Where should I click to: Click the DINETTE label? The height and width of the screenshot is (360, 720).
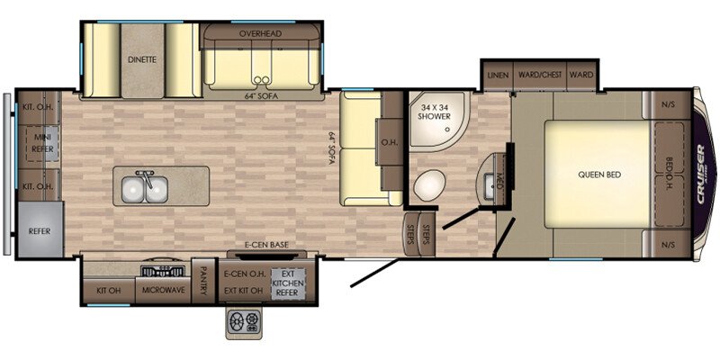[141, 59]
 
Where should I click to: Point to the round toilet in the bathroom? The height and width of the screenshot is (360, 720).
[427, 186]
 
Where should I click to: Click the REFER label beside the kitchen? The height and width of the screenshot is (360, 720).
[40, 229]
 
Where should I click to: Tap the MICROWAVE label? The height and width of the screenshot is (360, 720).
[163, 290]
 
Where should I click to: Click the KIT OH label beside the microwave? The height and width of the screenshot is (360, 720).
[109, 290]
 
